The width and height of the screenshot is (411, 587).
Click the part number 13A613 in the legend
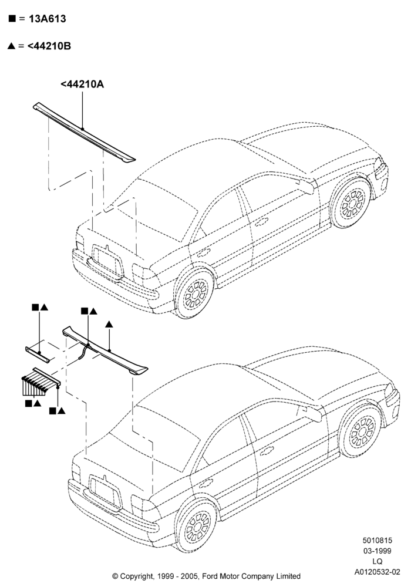[x=47, y=19]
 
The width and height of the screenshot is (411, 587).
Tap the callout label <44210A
[x=82, y=84]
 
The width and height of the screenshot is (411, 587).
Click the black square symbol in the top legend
[x=12, y=18]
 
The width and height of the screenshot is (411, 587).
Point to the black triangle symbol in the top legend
[x=12, y=46]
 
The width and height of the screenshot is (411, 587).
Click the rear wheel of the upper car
[x=194, y=292]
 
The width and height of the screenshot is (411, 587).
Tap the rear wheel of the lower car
[x=197, y=525]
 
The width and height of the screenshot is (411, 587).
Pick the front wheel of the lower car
[x=361, y=431]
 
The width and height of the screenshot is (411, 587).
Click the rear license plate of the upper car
[x=108, y=262]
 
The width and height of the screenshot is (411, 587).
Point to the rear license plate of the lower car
[x=105, y=492]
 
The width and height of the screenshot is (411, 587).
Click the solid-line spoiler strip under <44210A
[x=84, y=132]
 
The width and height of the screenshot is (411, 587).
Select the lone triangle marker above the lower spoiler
[x=109, y=325]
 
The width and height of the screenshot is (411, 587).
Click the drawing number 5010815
[x=377, y=540]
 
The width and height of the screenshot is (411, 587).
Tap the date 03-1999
[x=378, y=551]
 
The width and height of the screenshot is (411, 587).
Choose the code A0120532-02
[x=378, y=572]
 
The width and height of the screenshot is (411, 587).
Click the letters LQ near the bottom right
[x=378, y=561]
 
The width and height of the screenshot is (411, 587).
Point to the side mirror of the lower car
[x=311, y=413]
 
